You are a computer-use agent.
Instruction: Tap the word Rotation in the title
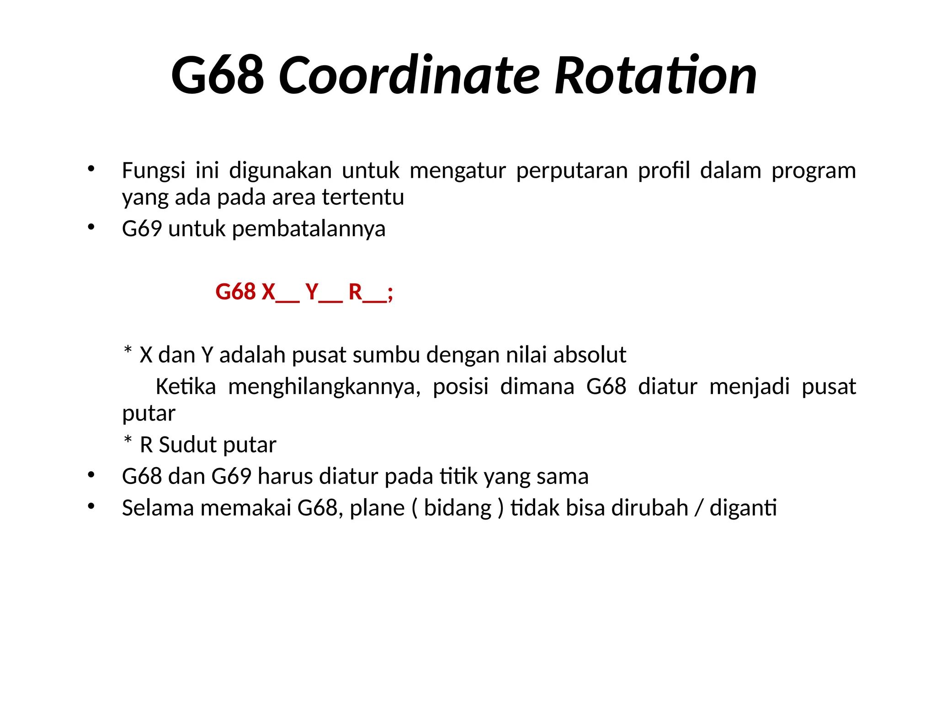point(655,75)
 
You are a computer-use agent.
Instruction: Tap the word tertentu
point(363,197)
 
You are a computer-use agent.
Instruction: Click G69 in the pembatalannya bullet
point(142,229)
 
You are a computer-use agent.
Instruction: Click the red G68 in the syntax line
point(235,292)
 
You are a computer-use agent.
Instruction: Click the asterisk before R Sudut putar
point(128,441)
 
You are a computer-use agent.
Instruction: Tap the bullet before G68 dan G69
point(91,475)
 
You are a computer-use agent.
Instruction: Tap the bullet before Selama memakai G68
point(91,506)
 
